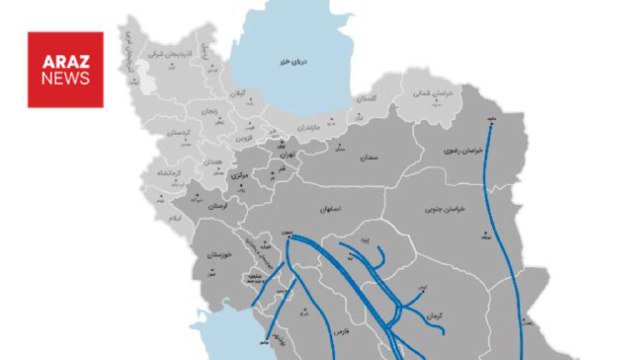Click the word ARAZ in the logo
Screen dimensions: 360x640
coord(65,59)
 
